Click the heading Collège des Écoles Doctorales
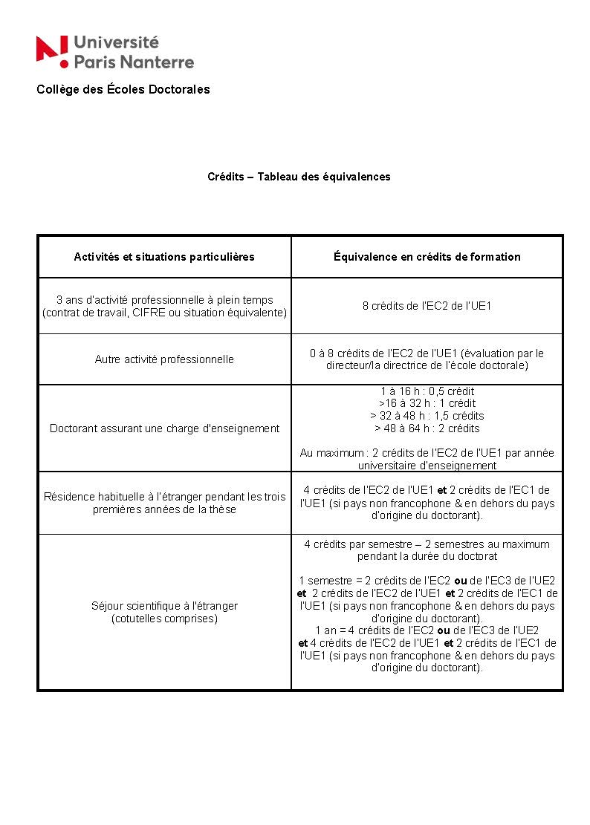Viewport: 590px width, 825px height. click(x=123, y=90)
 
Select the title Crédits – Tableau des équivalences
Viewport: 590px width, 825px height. click(x=299, y=177)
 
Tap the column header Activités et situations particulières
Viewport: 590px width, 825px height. click(x=164, y=257)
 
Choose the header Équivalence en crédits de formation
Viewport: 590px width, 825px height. click(x=427, y=257)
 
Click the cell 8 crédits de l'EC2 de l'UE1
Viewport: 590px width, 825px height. click(x=427, y=306)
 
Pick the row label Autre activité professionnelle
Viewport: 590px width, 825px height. click(x=164, y=359)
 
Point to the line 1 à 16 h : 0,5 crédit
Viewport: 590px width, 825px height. click(x=427, y=391)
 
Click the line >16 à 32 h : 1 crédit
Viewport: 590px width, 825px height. click(x=427, y=403)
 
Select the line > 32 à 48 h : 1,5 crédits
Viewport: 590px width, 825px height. click(x=427, y=416)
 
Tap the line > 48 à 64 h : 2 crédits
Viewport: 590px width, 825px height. click(x=427, y=428)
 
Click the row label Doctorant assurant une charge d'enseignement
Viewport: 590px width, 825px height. click(x=164, y=428)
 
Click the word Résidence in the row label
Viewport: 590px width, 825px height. click(x=71, y=497)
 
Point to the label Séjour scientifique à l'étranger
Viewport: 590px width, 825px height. click(x=164, y=606)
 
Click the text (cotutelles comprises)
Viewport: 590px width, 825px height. click(x=164, y=619)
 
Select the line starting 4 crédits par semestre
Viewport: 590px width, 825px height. click(x=427, y=544)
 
